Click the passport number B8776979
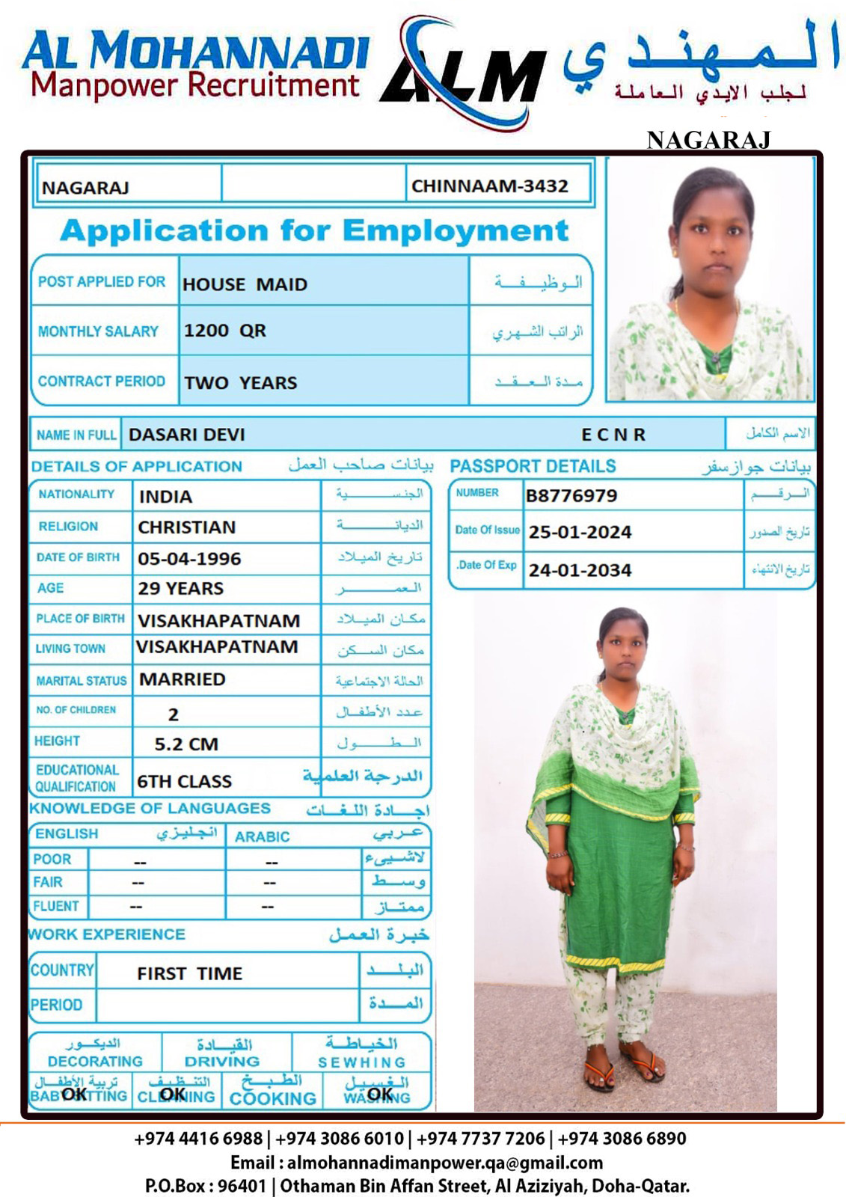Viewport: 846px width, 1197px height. (x=571, y=495)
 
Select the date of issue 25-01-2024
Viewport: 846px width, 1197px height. (x=580, y=532)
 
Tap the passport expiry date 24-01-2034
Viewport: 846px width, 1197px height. (x=580, y=570)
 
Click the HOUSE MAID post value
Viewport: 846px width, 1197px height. (x=245, y=284)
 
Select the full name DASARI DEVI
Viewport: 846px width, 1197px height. (x=186, y=435)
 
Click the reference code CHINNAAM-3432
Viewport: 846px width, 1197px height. (x=490, y=186)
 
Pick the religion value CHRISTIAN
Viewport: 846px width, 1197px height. (x=186, y=527)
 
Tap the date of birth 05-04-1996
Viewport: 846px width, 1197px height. (x=189, y=559)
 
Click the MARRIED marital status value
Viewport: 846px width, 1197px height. (x=183, y=679)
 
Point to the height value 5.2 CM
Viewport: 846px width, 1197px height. (x=186, y=744)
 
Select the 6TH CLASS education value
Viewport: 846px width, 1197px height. (x=184, y=781)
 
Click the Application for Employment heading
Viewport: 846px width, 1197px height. (x=314, y=230)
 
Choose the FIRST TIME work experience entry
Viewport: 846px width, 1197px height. (x=189, y=973)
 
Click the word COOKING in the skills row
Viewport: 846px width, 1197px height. (x=273, y=1098)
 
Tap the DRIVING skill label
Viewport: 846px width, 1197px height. (x=222, y=1061)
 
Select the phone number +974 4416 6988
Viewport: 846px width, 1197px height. (x=198, y=1139)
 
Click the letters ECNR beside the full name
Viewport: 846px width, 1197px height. (x=613, y=435)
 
